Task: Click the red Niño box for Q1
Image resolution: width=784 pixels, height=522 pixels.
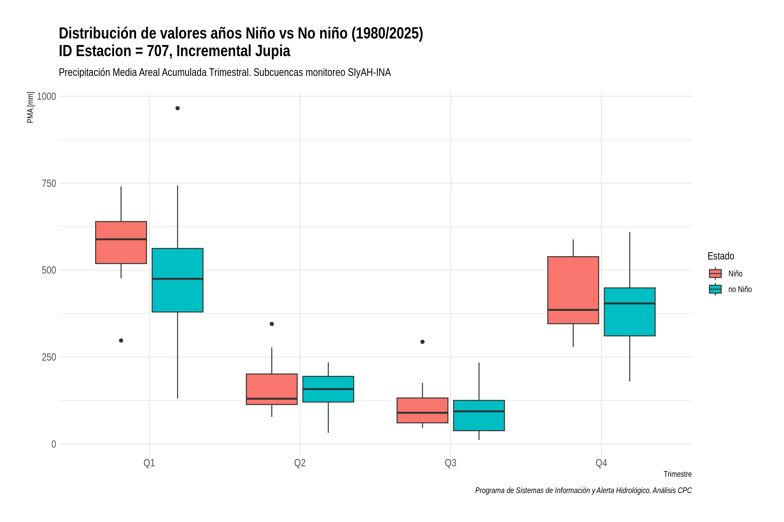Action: [x=121, y=242]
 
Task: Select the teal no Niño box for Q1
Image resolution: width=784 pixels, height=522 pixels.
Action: [x=177, y=280]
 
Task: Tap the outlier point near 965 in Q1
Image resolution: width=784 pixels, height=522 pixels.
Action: [x=177, y=108]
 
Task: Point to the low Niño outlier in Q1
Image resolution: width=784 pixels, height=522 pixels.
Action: [x=121, y=341]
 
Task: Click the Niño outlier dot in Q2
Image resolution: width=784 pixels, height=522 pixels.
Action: [x=272, y=324]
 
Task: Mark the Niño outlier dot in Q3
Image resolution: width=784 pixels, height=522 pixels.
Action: [x=422, y=342]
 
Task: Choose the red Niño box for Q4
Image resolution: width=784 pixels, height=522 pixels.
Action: [x=573, y=290]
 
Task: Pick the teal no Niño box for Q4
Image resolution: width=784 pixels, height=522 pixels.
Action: [x=630, y=312]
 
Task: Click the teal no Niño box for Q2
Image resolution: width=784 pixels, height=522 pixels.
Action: [x=328, y=389]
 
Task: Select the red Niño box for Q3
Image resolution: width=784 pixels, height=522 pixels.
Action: [x=422, y=410]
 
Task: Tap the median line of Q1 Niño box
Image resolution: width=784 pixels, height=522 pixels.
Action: [x=121, y=239]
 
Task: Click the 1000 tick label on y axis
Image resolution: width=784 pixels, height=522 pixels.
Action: [x=46, y=97]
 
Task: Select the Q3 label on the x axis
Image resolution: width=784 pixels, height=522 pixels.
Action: [x=451, y=463]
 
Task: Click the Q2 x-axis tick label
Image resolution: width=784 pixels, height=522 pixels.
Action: [x=300, y=463]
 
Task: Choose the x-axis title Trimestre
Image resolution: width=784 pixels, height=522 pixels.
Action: [x=678, y=474]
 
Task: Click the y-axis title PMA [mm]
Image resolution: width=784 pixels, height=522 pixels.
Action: [x=30, y=107]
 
